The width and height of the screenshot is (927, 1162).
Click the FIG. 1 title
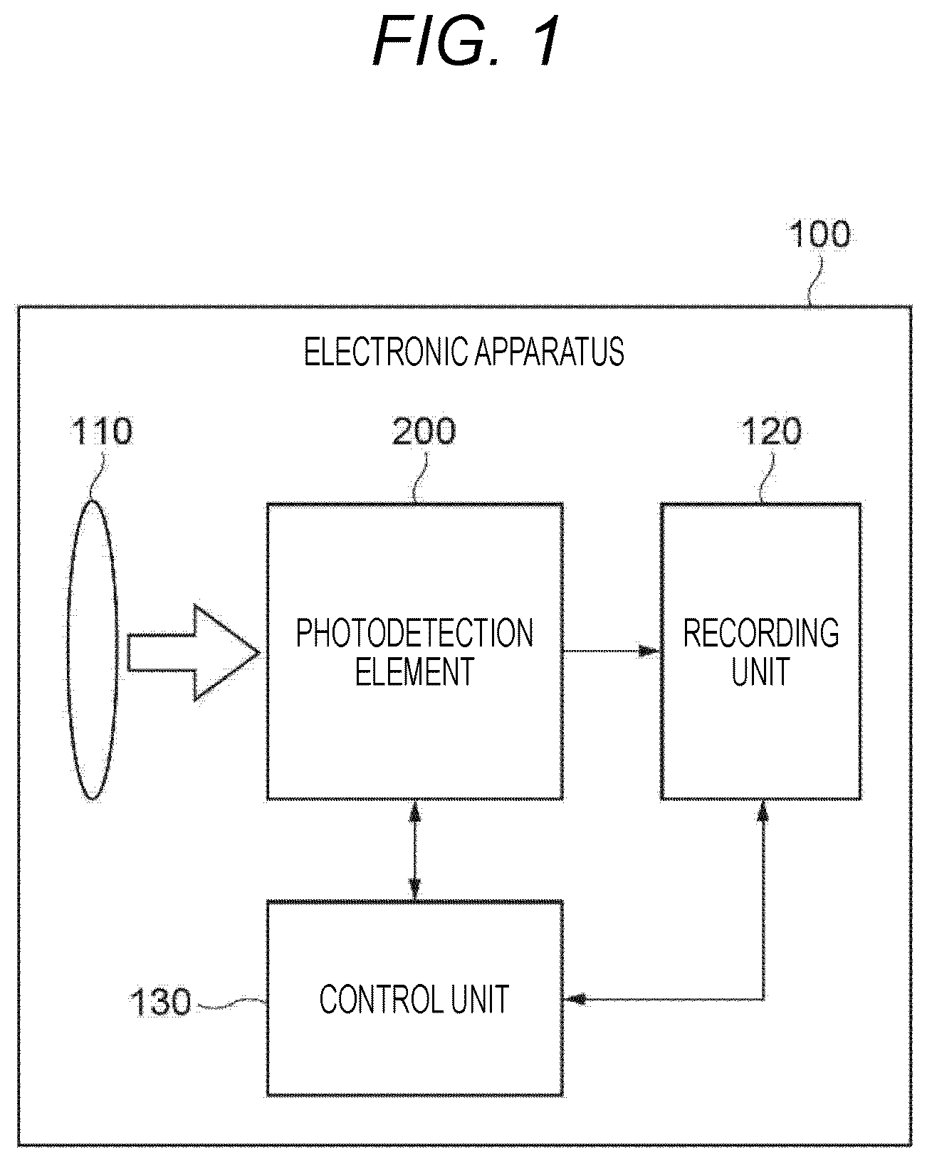pos(466,41)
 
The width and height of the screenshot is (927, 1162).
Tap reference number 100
pos(819,234)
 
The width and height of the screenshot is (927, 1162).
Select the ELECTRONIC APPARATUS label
pos(463,352)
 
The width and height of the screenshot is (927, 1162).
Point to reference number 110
pos(102,431)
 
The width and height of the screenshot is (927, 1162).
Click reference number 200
pos(424,431)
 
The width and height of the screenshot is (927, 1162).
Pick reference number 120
pos(772,431)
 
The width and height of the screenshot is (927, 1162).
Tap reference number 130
pos(160,1003)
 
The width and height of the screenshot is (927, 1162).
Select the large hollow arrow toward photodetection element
pos(193,653)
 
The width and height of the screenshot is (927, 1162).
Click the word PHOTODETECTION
pos(414,633)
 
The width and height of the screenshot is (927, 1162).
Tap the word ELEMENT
pos(414,671)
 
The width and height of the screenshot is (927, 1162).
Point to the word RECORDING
pos(761,633)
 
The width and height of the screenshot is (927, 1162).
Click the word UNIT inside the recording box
pos(760,671)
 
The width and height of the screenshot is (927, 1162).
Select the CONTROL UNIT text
pos(414,1000)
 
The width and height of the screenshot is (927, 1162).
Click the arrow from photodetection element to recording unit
pos(612,651)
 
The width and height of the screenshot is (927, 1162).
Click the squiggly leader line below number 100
pos(815,281)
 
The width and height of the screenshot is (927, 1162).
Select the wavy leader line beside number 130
pos(231,1003)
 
